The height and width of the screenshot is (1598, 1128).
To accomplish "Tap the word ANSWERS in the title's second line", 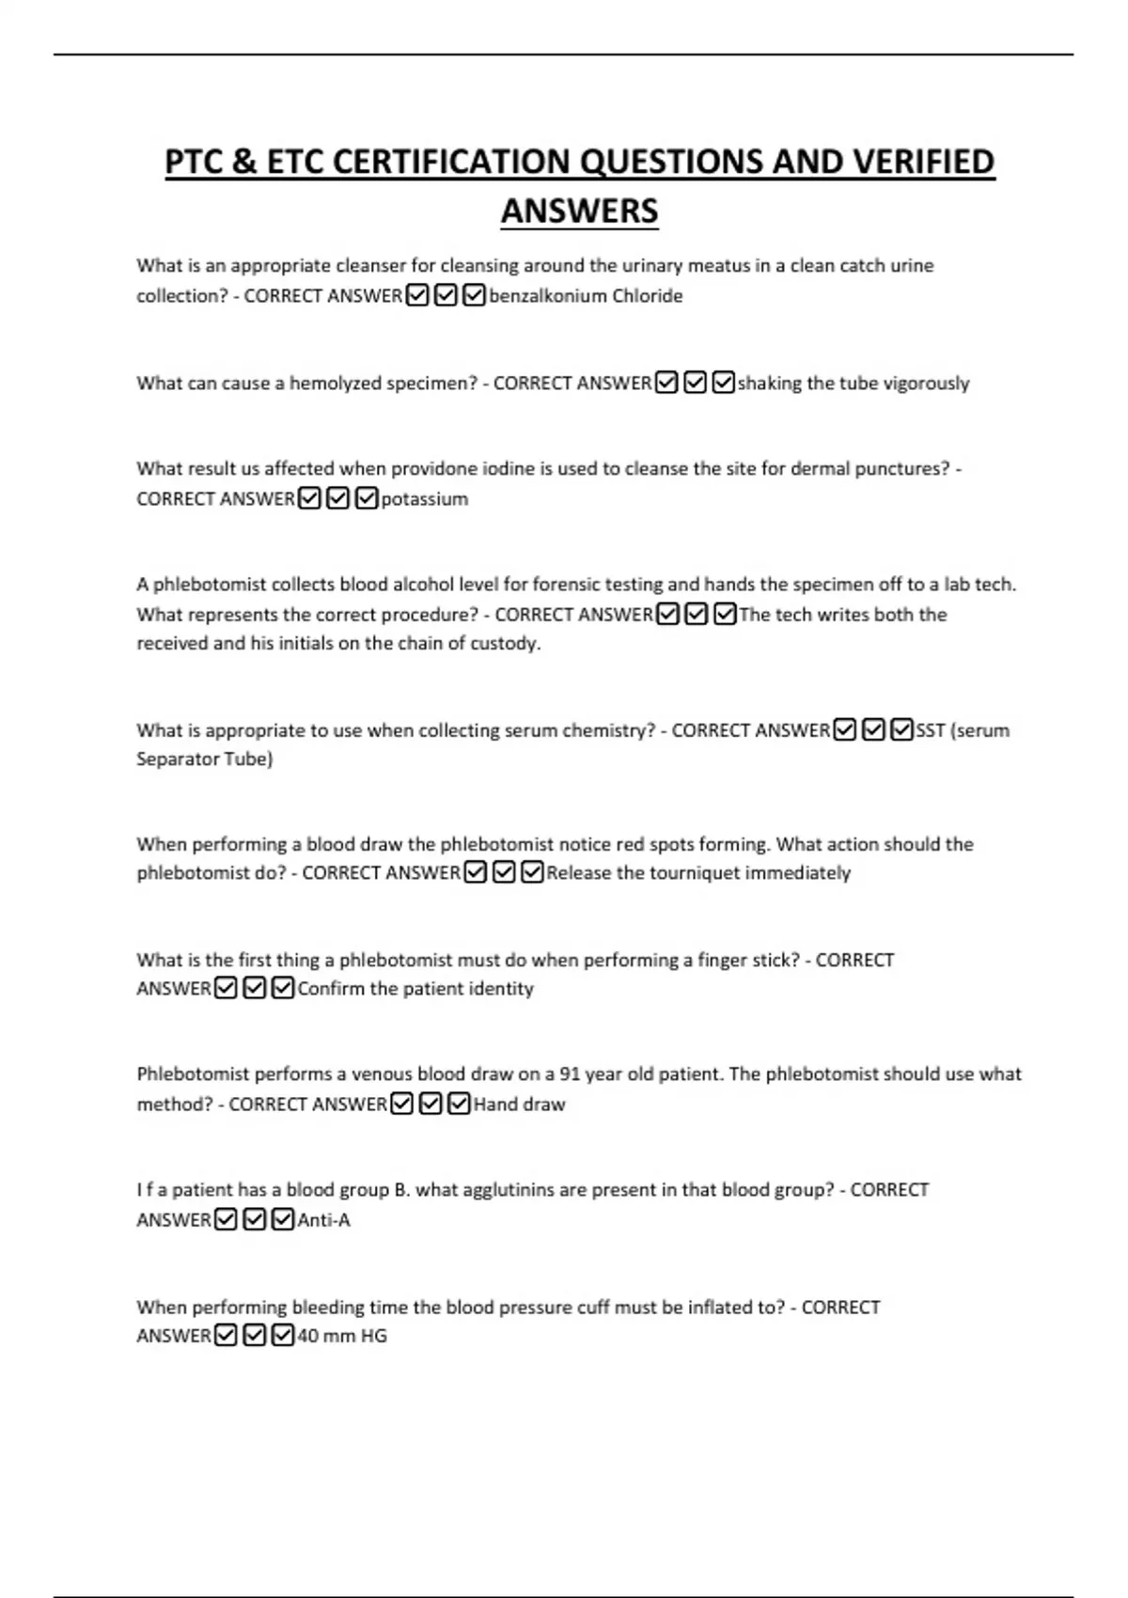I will (579, 211).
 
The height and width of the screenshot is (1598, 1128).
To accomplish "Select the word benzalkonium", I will (547, 296).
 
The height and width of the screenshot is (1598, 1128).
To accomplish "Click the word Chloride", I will (648, 296).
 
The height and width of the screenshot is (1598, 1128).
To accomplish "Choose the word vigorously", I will (926, 384).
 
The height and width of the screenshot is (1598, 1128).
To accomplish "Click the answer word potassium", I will (424, 499).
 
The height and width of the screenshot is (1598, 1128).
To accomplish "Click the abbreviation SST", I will (931, 730).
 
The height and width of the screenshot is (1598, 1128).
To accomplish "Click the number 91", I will (570, 1074).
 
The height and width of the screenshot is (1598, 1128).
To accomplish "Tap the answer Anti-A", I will (323, 1220).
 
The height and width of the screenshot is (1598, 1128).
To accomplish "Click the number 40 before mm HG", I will (307, 1336).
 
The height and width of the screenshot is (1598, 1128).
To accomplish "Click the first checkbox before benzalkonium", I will (417, 296).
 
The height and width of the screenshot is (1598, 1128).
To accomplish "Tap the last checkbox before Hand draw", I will (459, 1104).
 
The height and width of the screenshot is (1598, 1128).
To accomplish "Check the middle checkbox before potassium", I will (338, 498).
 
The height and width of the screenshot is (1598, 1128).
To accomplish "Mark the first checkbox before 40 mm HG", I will (226, 1335).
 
